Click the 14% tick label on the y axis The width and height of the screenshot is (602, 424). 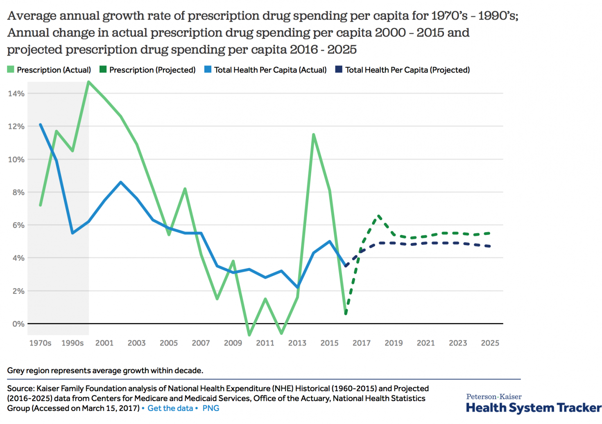click(16, 94)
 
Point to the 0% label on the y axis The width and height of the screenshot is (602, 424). click(18, 324)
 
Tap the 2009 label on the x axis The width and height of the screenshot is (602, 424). click(233, 343)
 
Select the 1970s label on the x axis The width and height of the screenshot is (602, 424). click(40, 343)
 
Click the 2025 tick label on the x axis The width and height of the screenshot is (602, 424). click(490, 343)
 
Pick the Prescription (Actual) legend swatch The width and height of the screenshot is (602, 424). click(11, 70)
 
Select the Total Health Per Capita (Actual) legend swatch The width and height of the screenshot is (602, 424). click(208, 70)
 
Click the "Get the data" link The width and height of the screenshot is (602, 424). click(170, 408)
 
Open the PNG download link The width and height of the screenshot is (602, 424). click(211, 408)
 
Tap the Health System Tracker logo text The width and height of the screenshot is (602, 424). click(534, 408)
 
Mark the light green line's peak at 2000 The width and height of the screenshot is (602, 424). click(88, 82)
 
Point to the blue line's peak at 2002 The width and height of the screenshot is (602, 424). click(120, 182)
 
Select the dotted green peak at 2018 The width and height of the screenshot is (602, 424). click(378, 215)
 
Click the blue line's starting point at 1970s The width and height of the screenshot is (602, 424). click(40, 124)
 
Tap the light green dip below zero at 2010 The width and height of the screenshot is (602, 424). click(249, 335)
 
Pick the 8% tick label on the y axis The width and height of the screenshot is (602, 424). click(16, 192)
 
